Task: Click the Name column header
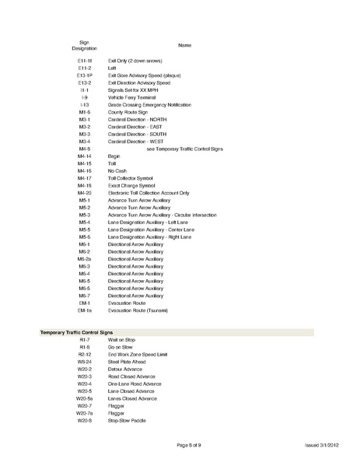click(185, 45)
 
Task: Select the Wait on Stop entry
click(123, 340)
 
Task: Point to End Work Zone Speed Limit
click(138, 355)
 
